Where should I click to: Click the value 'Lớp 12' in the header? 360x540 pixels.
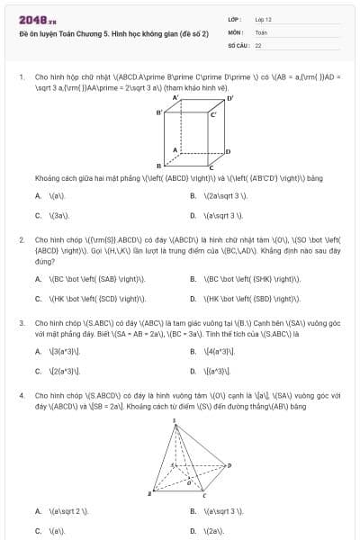263,19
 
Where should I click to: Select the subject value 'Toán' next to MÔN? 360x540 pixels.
261,31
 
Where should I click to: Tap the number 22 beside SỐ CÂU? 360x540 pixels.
258,44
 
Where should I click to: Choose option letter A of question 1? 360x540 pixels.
38,195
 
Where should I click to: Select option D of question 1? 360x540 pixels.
193,216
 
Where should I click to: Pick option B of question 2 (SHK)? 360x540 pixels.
193,278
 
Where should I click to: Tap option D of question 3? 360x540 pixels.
193,371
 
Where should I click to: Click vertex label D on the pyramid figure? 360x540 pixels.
230,465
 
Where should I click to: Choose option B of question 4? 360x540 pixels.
193,511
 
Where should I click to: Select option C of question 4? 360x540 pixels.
38,531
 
